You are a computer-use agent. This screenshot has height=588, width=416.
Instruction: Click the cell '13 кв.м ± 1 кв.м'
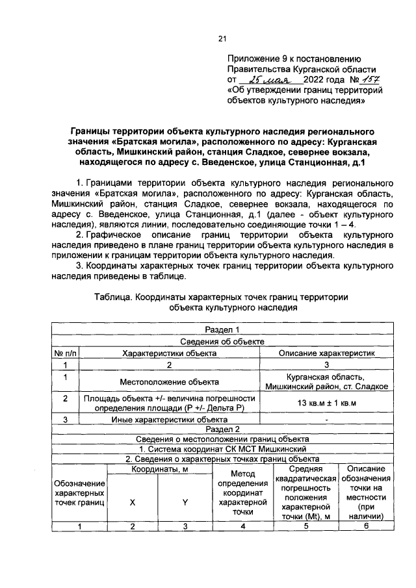click(x=327, y=402)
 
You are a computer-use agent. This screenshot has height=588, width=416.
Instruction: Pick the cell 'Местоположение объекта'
click(x=169, y=381)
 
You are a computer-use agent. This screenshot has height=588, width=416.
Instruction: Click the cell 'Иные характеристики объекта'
click(x=169, y=419)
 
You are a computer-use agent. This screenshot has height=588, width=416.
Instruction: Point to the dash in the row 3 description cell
click(x=327, y=419)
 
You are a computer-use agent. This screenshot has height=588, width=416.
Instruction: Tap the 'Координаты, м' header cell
click(x=160, y=469)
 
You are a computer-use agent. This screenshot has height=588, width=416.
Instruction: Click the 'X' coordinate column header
click(x=133, y=502)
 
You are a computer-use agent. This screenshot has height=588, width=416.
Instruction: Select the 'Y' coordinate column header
click(x=185, y=502)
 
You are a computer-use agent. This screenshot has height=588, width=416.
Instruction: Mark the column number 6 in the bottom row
click(x=366, y=526)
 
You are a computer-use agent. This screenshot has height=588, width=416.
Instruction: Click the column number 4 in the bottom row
click(x=241, y=526)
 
